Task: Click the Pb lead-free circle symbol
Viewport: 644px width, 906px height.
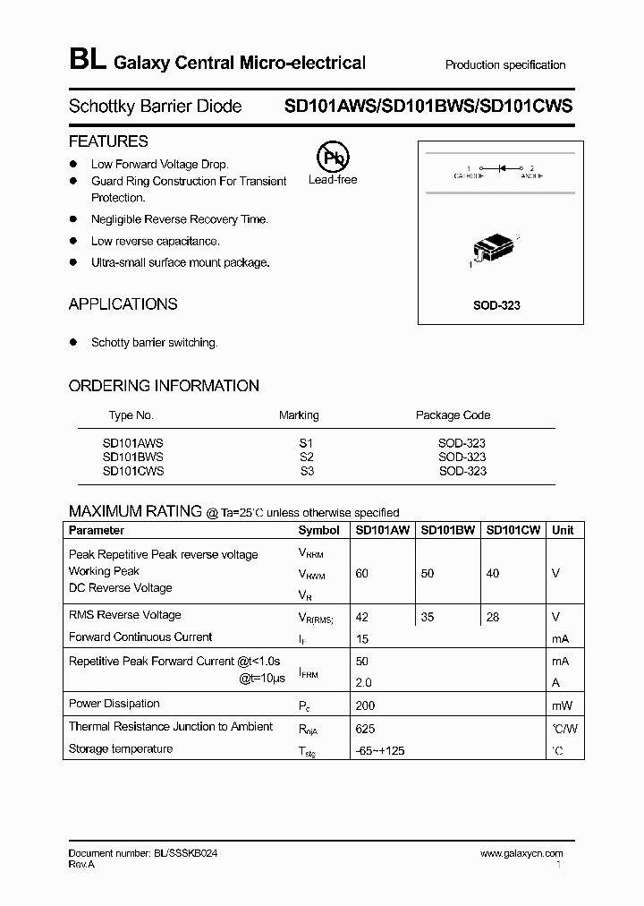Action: (x=333, y=158)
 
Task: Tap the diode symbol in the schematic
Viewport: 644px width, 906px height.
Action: (x=503, y=167)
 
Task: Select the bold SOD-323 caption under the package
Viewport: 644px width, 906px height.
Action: (x=496, y=305)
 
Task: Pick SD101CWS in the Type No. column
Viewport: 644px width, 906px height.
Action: (x=133, y=471)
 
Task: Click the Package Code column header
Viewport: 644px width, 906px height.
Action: (x=453, y=415)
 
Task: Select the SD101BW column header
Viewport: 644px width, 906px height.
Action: (x=447, y=530)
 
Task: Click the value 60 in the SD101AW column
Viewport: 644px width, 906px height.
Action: (x=361, y=573)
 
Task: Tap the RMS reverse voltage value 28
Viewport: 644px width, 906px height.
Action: (x=493, y=617)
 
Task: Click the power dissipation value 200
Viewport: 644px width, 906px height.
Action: (x=365, y=705)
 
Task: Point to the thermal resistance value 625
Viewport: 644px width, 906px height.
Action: (x=365, y=729)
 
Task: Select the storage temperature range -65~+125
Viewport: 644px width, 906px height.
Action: (x=379, y=750)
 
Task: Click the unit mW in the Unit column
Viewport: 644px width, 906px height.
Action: (x=561, y=705)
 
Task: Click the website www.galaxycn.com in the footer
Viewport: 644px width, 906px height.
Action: (x=521, y=854)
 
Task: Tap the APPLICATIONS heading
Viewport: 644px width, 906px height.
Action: (x=123, y=304)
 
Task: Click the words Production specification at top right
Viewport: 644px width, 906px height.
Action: (x=505, y=65)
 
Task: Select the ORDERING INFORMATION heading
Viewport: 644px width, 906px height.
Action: (x=164, y=386)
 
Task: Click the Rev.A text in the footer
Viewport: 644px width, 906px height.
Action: (x=81, y=865)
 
